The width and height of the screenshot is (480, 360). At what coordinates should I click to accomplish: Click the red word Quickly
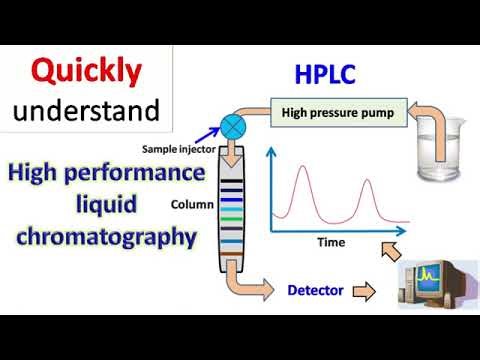85,70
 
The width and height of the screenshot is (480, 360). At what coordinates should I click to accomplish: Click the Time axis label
331,241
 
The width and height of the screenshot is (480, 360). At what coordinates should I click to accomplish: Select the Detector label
315,291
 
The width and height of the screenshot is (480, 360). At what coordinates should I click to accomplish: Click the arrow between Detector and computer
365,292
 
